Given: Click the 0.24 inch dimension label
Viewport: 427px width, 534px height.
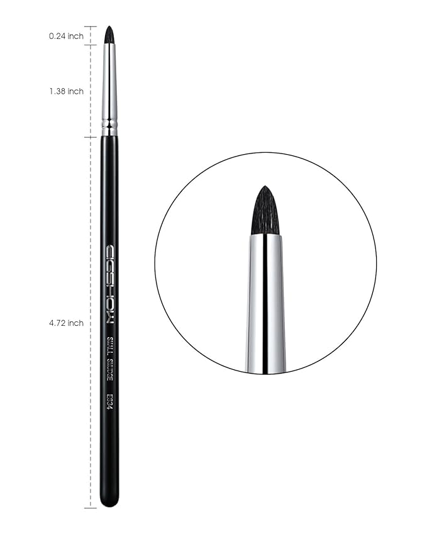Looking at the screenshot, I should pos(66,36).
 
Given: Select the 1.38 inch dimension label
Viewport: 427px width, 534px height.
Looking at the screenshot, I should pos(66,92).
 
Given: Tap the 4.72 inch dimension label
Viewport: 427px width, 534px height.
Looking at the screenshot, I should pos(66,323).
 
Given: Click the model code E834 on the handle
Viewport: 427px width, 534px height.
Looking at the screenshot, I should pos(109,401).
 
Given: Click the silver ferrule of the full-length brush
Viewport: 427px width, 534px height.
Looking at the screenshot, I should pos(109,82).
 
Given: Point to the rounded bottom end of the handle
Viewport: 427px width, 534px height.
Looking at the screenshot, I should pos(109,501).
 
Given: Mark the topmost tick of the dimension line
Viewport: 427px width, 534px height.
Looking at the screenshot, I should pos(90,26).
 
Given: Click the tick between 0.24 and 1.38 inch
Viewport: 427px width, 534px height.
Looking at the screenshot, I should pos(90,45).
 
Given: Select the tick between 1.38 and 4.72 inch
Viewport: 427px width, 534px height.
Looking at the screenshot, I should pos(90,136).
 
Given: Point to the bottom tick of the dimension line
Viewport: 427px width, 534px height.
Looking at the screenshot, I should pos(90,507).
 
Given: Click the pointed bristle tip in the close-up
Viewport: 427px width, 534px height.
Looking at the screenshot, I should pos(265,189).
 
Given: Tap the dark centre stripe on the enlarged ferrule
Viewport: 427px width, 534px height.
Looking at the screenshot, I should pos(265,302).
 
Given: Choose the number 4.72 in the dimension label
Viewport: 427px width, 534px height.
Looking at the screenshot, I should pos(60,323).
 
